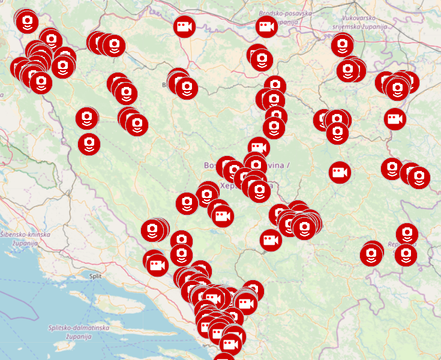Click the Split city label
(95, 276)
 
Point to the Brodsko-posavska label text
(285, 13)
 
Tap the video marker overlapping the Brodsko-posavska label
(266, 26)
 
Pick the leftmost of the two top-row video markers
(184, 26)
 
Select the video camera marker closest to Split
(157, 265)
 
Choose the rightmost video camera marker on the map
(394, 119)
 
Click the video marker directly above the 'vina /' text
(258, 147)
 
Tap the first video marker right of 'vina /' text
(340, 173)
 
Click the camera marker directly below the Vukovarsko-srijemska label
(342, 44)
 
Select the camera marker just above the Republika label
(407, 233)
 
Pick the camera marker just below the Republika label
(406, 255)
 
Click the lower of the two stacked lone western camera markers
(89, 143)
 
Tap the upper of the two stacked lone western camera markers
(87, 118)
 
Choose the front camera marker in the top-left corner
(27, 22)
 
